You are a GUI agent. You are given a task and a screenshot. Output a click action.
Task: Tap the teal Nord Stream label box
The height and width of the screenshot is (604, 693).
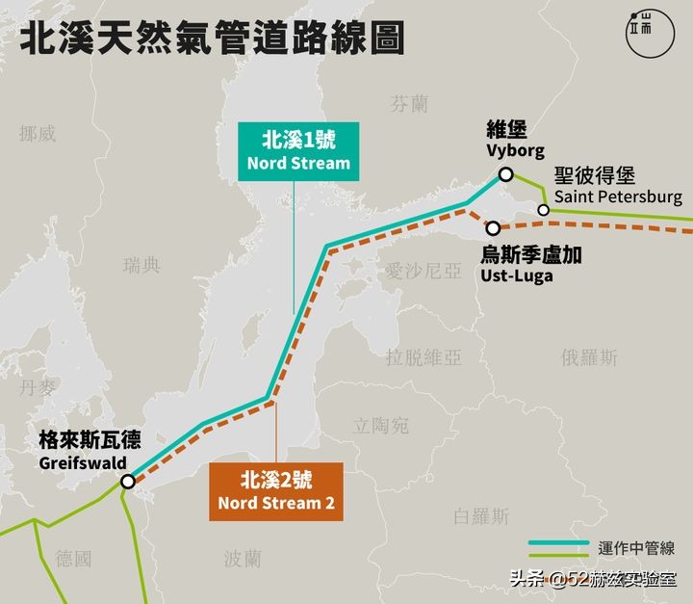pos(298,150)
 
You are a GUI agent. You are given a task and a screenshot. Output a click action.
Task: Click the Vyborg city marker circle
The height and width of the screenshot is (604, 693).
pos(504,175)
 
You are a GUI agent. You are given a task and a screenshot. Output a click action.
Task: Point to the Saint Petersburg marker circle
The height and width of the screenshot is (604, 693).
pos(544,210)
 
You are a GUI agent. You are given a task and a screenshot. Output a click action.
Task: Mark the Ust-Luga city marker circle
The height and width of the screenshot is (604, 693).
pos(493,229)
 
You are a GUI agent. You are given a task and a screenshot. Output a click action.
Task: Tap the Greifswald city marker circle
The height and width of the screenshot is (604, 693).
pos(128,481)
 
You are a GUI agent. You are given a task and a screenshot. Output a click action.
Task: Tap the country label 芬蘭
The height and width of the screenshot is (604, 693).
pos(409,104)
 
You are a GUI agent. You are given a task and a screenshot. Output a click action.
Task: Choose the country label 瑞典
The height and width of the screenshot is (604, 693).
pos(142,265)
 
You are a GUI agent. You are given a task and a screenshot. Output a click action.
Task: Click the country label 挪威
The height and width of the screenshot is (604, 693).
pos(38,134)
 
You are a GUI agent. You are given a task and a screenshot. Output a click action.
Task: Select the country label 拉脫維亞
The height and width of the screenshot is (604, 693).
pos(423,357)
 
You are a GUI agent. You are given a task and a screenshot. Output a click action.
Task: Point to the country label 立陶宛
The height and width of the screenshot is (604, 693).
pos(381,425)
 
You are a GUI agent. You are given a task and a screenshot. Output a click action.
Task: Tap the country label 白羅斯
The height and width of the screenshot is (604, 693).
pos(481,516)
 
